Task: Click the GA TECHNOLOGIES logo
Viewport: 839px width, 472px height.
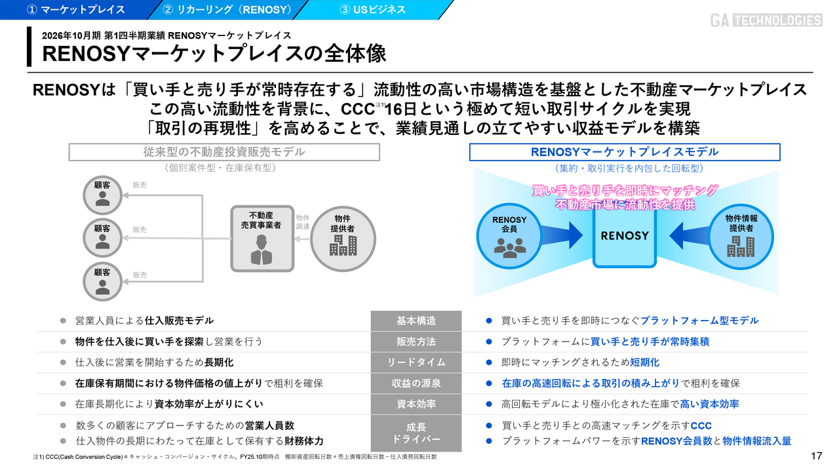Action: [x=766, y=20]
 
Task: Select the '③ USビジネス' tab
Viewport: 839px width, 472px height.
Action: [x=372, y=9]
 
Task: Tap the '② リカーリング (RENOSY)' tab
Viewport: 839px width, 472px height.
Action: [x=227, y=9]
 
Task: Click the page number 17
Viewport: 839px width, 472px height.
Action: [x=816, y=456]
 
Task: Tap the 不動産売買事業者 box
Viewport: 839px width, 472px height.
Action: [x=261, y=239]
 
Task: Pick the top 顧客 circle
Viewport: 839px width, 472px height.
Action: [x=102, y=193]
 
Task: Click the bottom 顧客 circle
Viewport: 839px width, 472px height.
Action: [x=102, y=280]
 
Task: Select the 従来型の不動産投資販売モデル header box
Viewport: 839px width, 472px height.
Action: [x=224, y=152]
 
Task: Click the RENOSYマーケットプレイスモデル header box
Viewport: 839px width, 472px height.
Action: [x=624, y=152]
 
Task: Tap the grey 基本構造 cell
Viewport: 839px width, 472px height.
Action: [x=416, y=321]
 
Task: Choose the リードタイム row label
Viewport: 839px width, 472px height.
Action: [x=416, y=362]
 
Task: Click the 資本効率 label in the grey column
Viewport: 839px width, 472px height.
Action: [x=416, y=404]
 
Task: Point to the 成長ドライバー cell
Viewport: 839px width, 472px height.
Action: [x=416, y=433]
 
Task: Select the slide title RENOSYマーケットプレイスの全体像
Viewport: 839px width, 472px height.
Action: [x=214, y=54]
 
